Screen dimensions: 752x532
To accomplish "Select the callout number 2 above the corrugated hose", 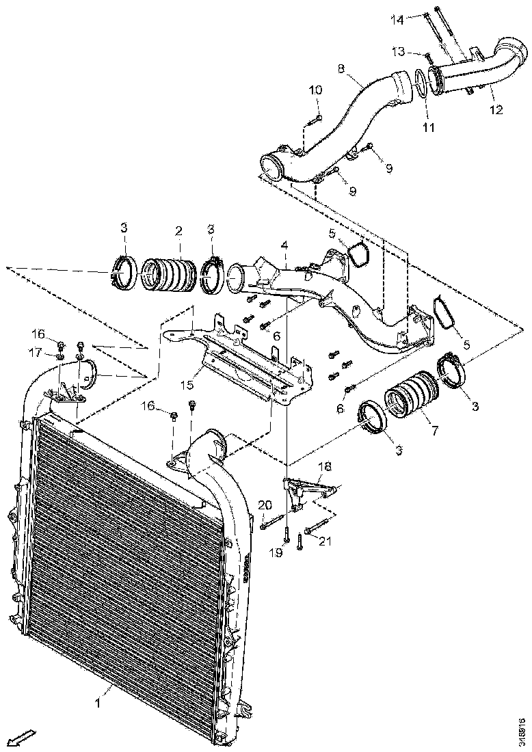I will point(178,231).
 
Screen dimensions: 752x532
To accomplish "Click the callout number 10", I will point(315,90).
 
